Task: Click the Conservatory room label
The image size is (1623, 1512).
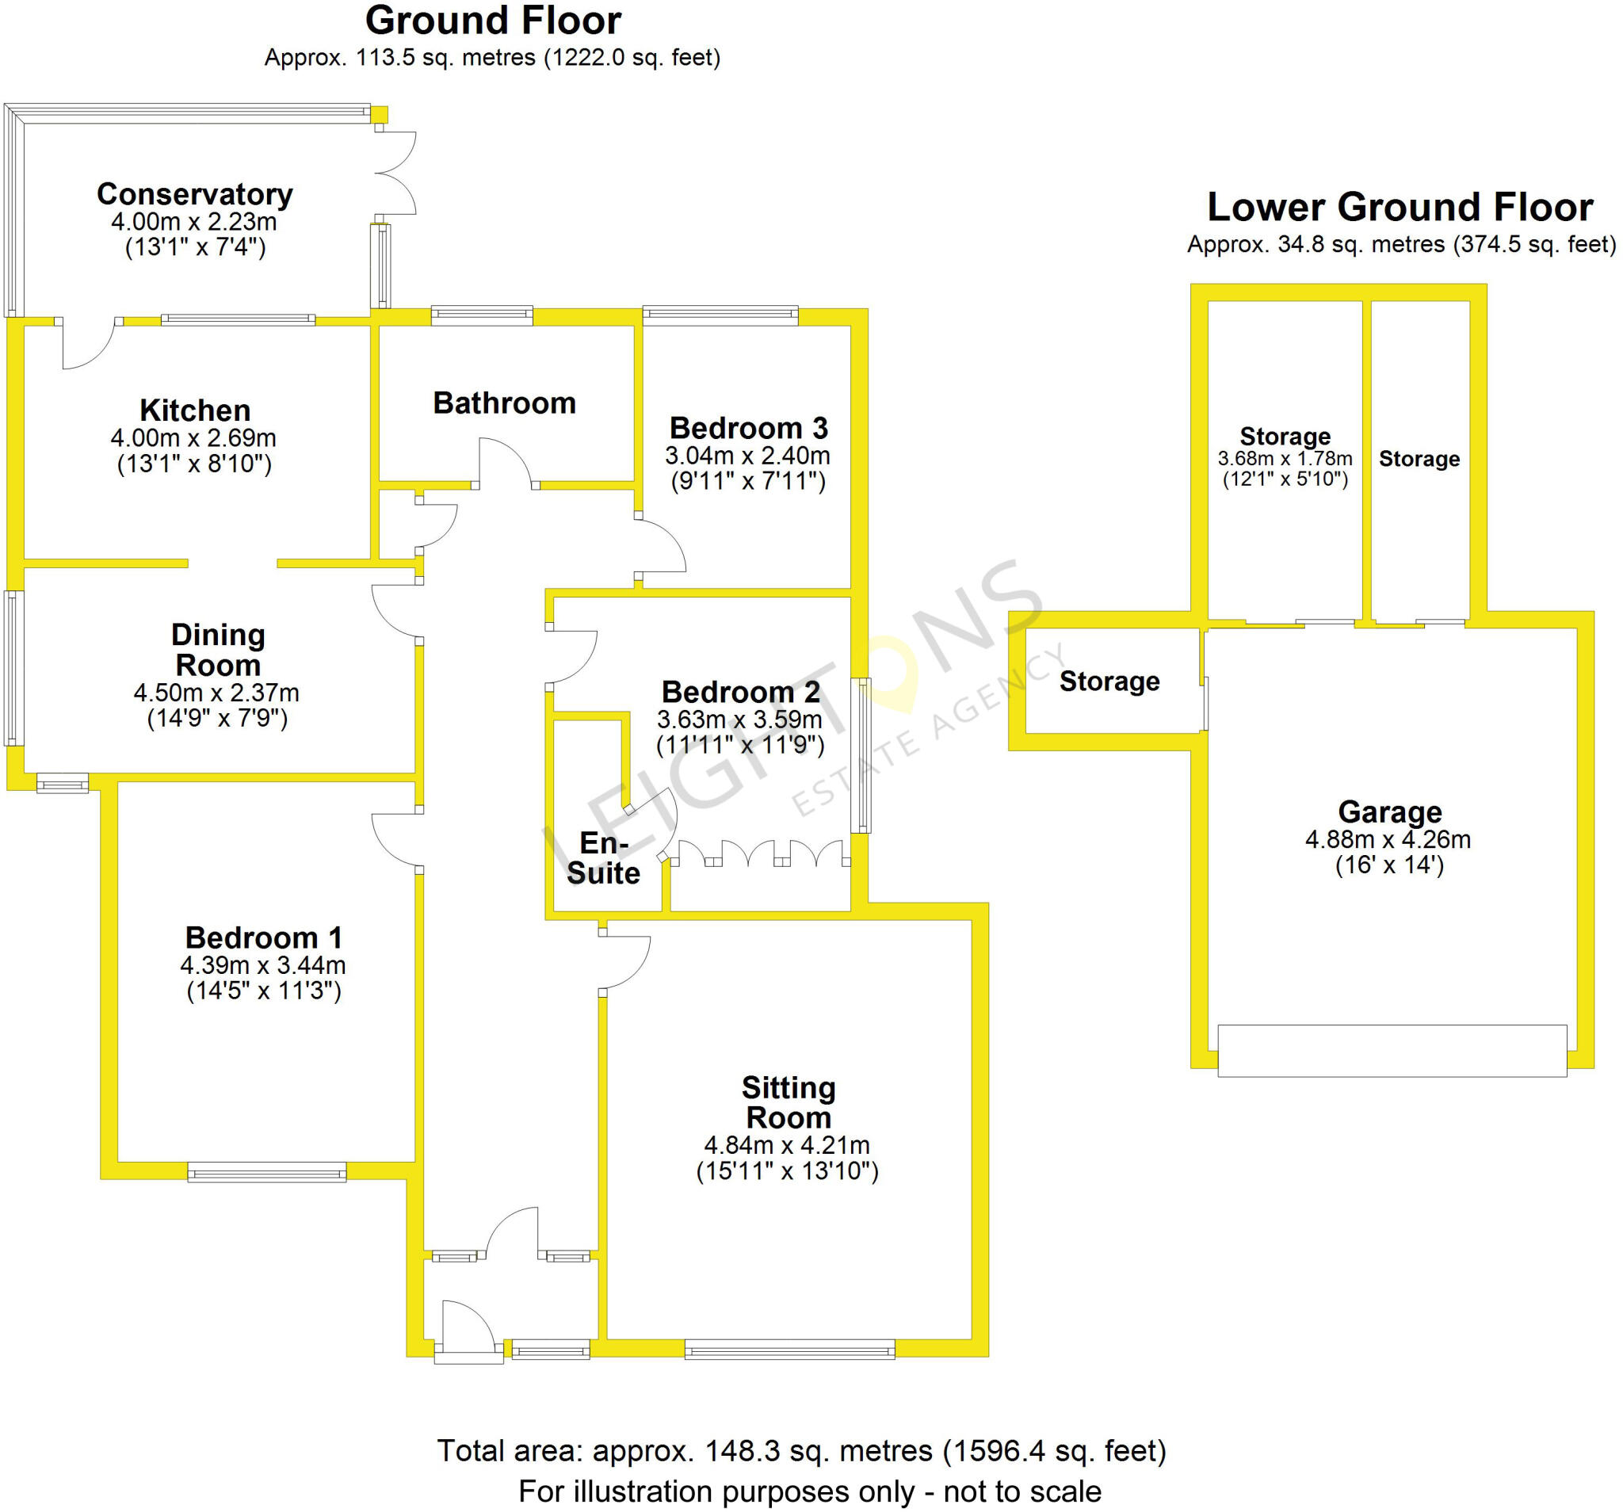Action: [x=194, y=194]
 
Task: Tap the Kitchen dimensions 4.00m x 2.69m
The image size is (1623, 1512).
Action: [x=193, y=437]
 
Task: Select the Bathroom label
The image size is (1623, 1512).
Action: [x=504, y=403]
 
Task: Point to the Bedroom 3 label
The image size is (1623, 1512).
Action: [x=748, y=428]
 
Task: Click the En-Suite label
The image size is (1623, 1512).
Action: [x=603, y=858]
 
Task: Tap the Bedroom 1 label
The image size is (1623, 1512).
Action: [x=263, y=937]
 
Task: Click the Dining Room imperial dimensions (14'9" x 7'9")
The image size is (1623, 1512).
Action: [x=217, y=719]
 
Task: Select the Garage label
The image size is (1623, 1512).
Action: [x=1389, y=811]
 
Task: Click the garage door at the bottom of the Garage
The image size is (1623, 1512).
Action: [x=1392, y=1051]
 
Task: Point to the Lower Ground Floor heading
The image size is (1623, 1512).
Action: [x=1400, y=208]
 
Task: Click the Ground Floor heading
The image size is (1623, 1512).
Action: [x=493, y=21]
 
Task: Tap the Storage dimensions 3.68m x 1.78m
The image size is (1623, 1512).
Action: [x=1285, y=459]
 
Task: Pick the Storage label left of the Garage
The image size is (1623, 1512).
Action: [x=1109, y=681]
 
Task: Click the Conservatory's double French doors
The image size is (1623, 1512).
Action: [x=396, y=173]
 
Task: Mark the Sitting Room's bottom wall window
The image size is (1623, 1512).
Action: [x=789, y=1350]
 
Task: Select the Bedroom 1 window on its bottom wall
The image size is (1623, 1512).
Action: [x=267, y=1172]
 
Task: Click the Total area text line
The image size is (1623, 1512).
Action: [x=801, y=1451]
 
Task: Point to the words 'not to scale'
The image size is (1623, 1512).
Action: [x=1022, y=1491]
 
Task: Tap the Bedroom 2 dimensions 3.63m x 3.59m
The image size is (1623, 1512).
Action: [x=739, y=720]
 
